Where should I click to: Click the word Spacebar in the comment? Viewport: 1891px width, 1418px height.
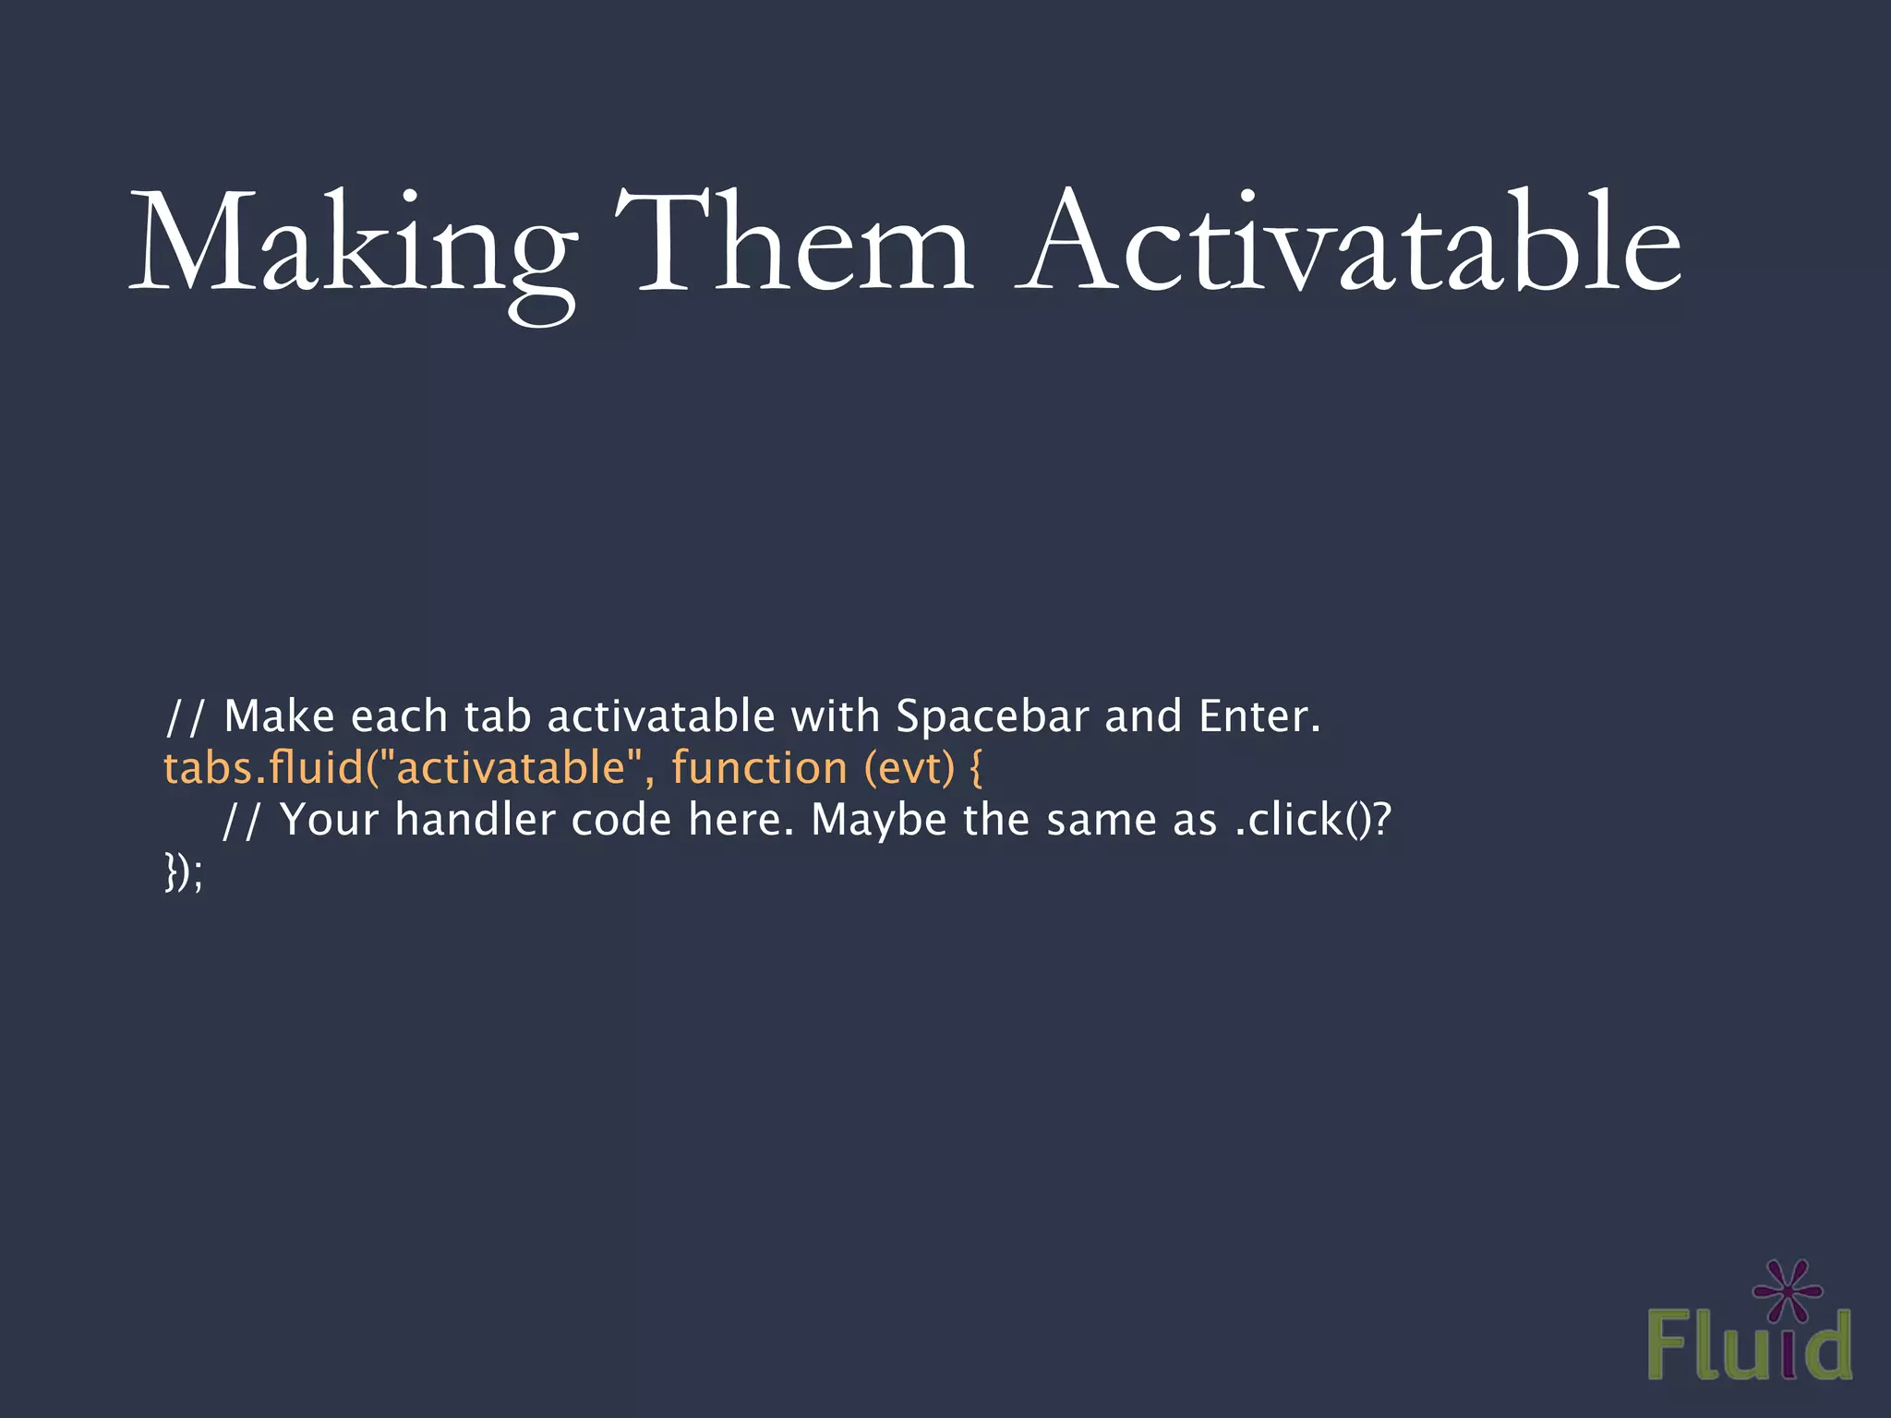(993, 717)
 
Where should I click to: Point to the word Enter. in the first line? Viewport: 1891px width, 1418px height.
(1259, 717)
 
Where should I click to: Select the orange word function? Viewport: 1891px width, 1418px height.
(759, 768)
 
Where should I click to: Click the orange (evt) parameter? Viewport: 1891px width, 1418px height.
(909, 768)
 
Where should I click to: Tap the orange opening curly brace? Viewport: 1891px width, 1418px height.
(977, 768)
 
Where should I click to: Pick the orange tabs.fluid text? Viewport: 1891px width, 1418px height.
(264, 768)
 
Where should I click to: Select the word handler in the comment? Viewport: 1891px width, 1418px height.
(476, 820)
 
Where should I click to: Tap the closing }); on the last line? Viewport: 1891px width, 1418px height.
(183, 871)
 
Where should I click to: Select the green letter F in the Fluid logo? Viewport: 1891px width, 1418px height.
(1669, 1346)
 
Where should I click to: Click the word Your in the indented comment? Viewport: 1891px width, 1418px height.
(329, 820)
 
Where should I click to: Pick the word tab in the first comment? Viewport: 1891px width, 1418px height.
(497, 717)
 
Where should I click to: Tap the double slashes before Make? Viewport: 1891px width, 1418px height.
(186, 717)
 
